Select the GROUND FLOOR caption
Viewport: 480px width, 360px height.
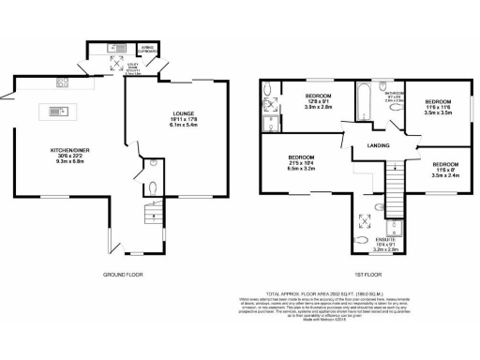pos(122,276)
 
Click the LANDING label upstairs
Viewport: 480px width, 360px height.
pos(378,144)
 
